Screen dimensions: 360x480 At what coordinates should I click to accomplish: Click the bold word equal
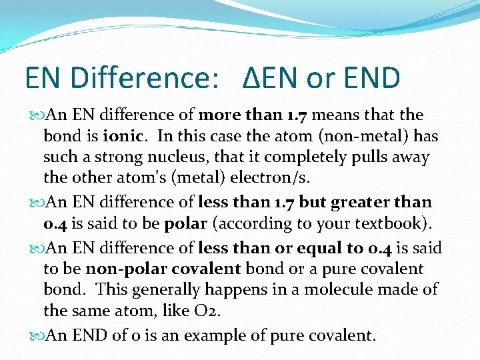click(x=315, y=248)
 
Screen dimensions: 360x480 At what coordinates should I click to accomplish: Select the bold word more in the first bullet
click(x=223, y=115)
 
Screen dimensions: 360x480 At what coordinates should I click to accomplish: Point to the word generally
click(x=164, y=289)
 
